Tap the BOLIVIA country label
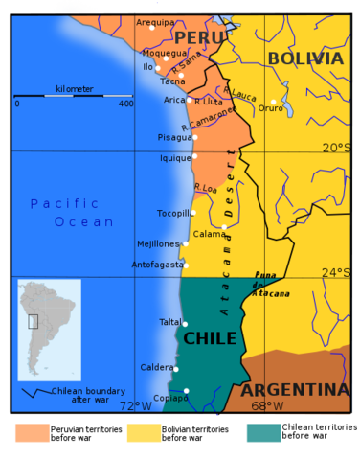(304, 58)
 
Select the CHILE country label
(210, 338)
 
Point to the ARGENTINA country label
(294, 390)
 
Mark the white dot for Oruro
(273, 101)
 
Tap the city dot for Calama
(224, 227)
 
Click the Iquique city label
(174, 158)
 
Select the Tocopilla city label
(173, 213)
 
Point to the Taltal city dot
(185, 324)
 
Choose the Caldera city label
(157, 367)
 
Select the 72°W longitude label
(136, 405)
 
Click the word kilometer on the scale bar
(74, 89)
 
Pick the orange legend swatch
(32, 433)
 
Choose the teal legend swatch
(263, 433)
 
